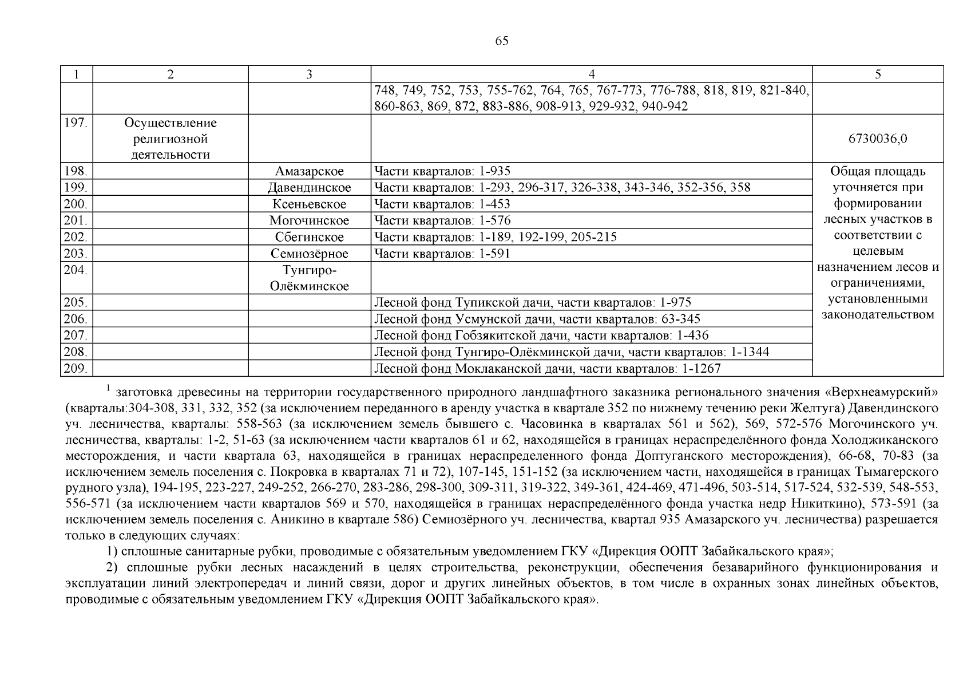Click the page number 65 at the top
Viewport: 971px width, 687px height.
(x=501, y=41)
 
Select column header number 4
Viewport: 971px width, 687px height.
(x=592, y=74)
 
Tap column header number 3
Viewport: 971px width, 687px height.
(x=309, y=74)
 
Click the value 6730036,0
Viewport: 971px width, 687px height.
(x=878, y=139)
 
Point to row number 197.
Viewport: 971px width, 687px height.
(x=75, y=123)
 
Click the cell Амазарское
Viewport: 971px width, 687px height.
(x=309, y=171)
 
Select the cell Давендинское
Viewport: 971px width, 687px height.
(x=309, y=188)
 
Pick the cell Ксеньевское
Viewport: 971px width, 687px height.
(x=309, y=204)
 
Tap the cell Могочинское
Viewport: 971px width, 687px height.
(x=309, y=221)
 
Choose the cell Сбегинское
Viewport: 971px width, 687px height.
(x=309, y=238)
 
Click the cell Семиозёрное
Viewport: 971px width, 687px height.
(x=309, y=254)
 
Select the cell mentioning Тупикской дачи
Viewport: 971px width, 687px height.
(x=532, y=303)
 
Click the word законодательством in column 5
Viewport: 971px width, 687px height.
(x=878, y=315)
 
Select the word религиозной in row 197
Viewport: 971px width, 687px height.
(x=170, y=139)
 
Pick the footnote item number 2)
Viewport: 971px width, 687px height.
(x=114, y=568)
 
